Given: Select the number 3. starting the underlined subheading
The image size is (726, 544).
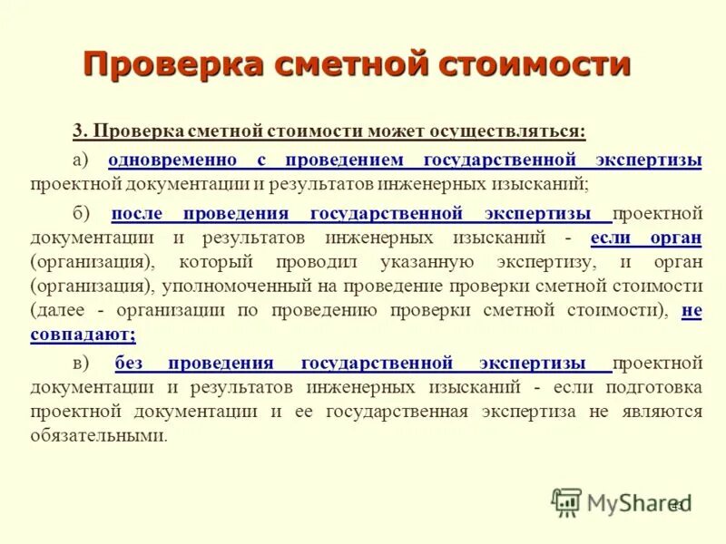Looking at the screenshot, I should tap(79, 131).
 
